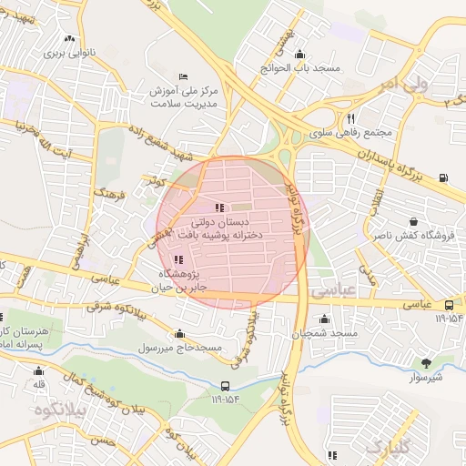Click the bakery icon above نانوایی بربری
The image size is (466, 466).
coord(71,38)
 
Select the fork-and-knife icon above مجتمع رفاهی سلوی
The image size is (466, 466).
coord(350,118)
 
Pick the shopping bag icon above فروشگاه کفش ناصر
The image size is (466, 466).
coord(415,222)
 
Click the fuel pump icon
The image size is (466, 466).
coord(442,177)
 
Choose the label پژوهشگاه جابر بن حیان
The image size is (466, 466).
coord(177,279)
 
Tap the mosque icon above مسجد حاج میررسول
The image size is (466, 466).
coord(180,333)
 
